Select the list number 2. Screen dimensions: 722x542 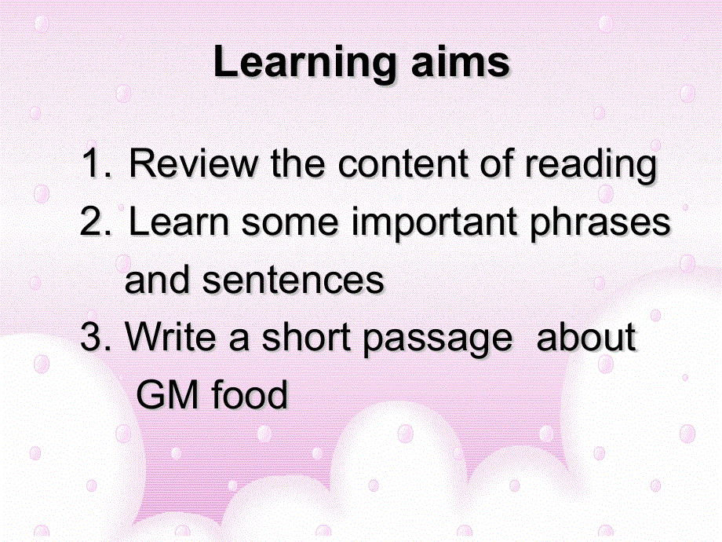(x=95, y=222)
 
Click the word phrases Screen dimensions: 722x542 (x=600, y=225)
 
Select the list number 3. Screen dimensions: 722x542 (x=95, y=336)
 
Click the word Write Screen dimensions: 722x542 (x=170, y=336)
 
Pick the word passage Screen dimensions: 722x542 (x=437, y=340)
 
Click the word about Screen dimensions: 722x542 (x=586, y=336)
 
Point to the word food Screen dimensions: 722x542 (x=249, y=394)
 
